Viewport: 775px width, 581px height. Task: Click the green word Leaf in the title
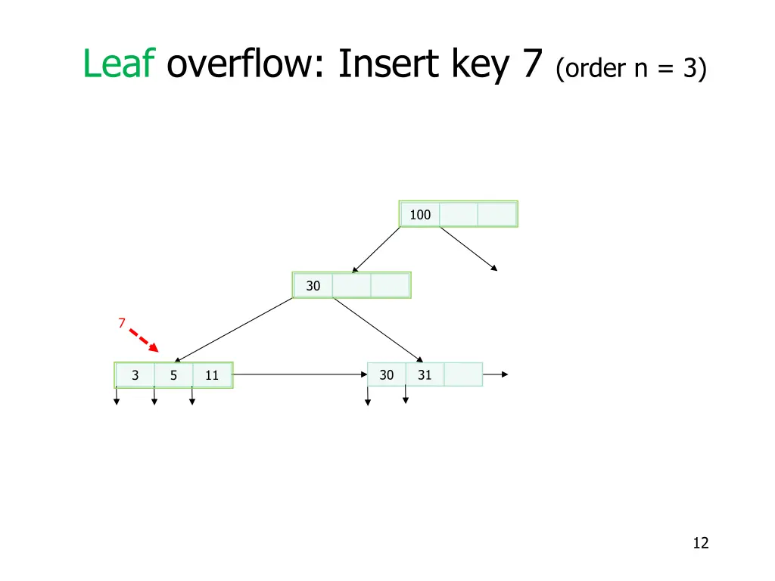(x=119, y=64)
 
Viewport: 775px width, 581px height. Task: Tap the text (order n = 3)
(x=631, y=70)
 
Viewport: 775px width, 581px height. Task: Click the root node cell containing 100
(x=420, y=215)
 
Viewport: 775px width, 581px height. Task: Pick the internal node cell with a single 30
(x=313, y=286)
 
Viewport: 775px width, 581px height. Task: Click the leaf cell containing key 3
(x=135, y=375)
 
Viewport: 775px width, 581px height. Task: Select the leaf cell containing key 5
(x=173, y=375)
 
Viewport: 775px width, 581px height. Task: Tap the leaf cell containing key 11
(x=212, y=375)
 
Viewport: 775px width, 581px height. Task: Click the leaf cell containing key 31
(x=425, y=374)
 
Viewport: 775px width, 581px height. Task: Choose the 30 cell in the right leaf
(x=386, y=374)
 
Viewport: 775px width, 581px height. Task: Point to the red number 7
(x=121, y=323)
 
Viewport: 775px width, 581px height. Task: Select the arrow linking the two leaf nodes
(x=299, y=374)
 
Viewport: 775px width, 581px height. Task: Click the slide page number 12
(x=700, y=542)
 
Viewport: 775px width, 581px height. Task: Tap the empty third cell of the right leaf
(x=463, y=374)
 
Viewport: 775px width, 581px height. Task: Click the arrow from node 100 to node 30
(x=376, y=250)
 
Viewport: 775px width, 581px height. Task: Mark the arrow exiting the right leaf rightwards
(x=495, y=374)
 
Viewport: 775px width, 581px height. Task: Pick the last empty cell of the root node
(x=497, y=215)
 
